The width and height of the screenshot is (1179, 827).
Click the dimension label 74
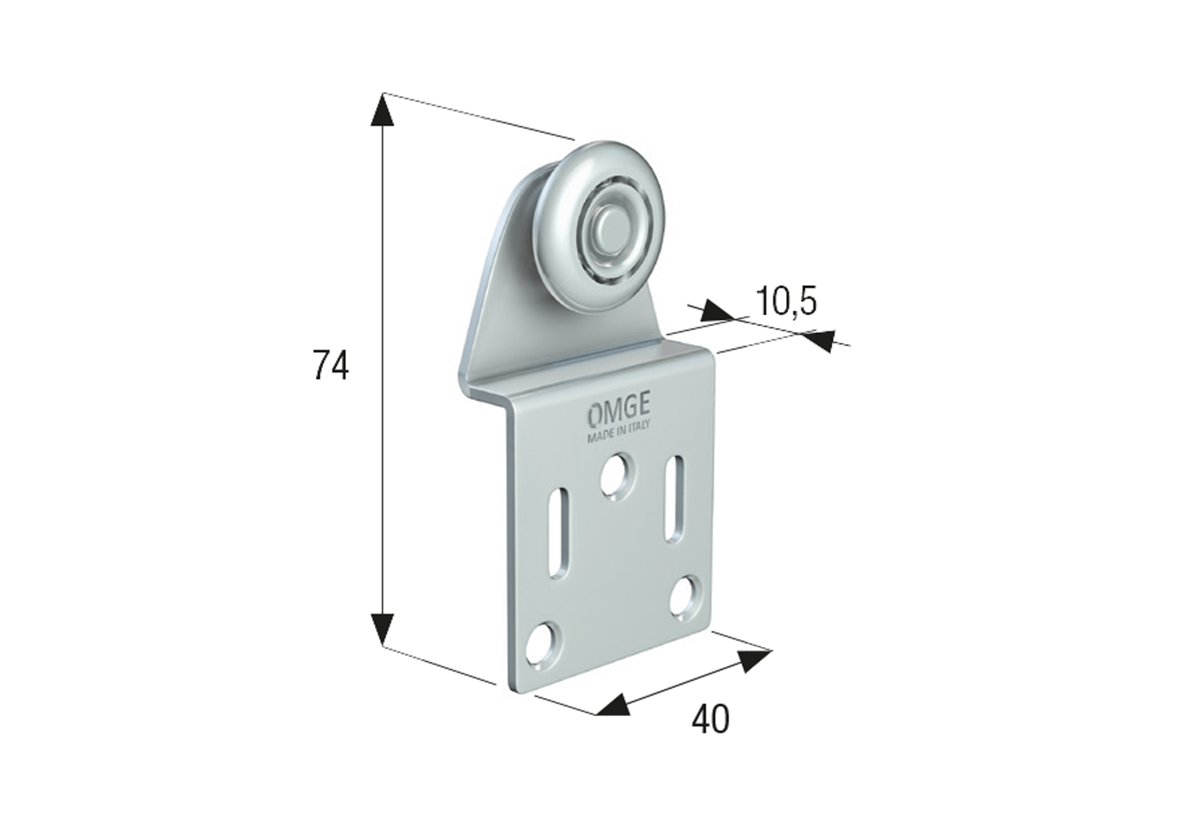pos(330,366)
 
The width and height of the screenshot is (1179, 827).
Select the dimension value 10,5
pos(786,301)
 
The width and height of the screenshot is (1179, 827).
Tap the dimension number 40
pos(710,719)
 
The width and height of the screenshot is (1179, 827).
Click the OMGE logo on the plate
pos(619,412)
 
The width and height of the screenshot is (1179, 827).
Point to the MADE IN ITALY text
pos(619,435)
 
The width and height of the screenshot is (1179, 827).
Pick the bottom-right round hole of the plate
pos(687,594)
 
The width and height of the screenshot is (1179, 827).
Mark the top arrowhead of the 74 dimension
pos(383,110)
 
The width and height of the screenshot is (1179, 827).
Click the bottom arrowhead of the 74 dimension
pos(383,629)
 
